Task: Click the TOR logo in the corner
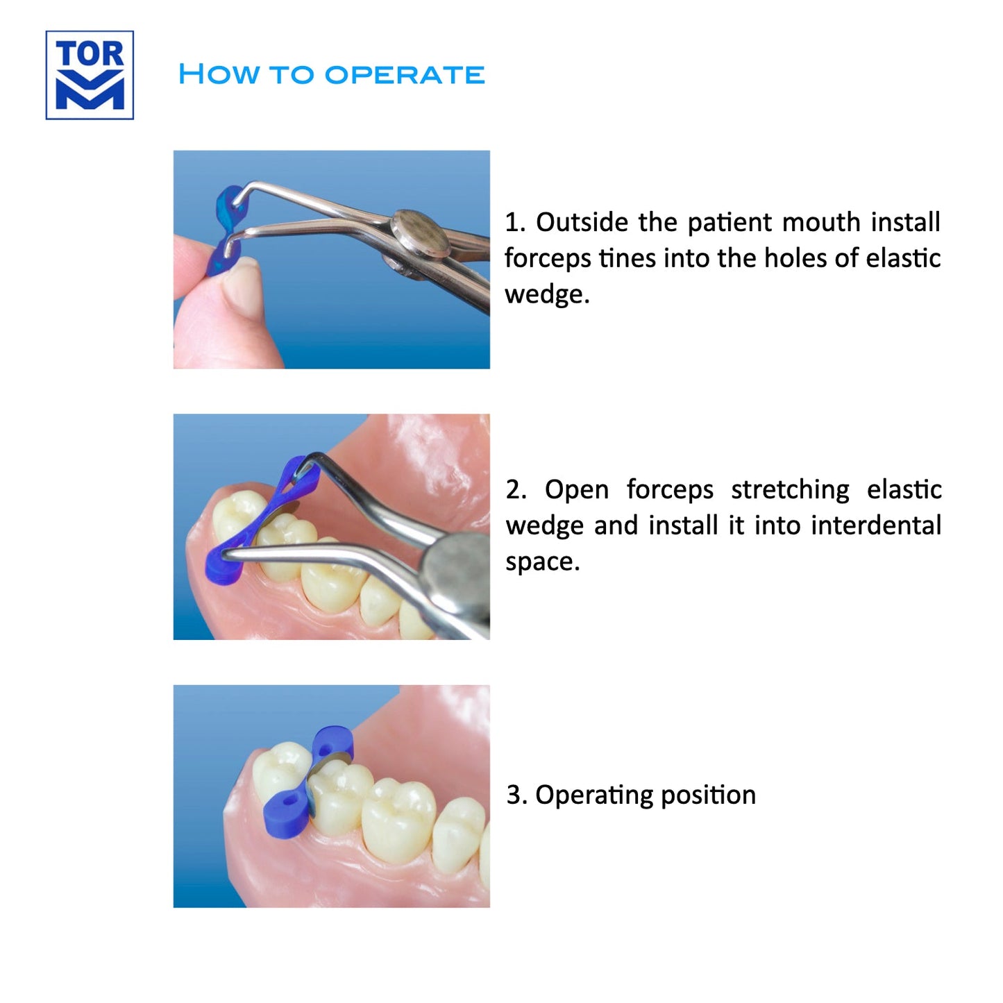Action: [x=90, y=75]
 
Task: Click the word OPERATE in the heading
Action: [x=405, y=74]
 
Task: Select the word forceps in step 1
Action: [x=548, y=259]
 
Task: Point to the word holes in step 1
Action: [x=795, y=258]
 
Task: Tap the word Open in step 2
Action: [x=577, y=491]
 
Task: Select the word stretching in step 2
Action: [x=790, y=490]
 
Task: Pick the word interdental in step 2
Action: [x=876, y=525]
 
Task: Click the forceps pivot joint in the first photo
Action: [x=421, y=234]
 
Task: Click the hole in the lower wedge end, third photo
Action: [x=286, y=802]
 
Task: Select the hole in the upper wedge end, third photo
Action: [x=326, y=750]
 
